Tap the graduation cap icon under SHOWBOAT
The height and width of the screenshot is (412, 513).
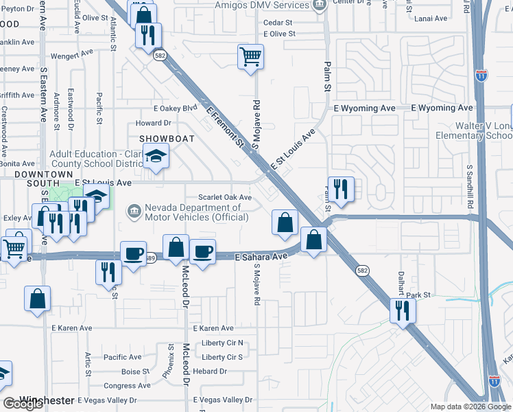[156, 157]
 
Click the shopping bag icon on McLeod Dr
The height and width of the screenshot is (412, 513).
[176, 247]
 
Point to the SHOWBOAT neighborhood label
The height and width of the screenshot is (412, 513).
[167, 139]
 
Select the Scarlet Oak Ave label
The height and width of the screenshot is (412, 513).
[226, 197]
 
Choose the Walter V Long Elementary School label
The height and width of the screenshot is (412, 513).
[473, 131]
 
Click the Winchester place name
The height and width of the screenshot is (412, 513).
[47, 400]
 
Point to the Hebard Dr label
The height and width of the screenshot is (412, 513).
[211, 371]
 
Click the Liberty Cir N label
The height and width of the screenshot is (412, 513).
[222, 343]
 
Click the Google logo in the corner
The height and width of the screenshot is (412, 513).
[23, 403]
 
